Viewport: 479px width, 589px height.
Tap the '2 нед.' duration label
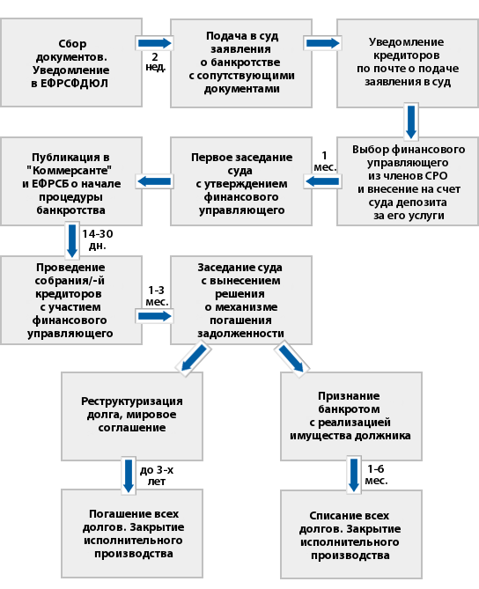coord(155,62)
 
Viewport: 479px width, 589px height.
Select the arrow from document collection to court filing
coord(154,43)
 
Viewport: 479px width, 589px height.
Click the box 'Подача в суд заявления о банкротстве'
coord(241,63)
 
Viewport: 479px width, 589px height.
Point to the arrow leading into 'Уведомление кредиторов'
coord(323,43)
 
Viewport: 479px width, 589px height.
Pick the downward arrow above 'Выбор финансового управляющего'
coord(411,121)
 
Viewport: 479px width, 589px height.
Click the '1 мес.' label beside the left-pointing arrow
coord(325,161)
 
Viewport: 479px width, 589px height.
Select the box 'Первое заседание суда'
coord(241,181)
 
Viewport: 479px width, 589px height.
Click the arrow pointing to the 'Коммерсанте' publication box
coord(154,182)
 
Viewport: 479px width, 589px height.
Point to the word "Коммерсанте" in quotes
coord(70,171)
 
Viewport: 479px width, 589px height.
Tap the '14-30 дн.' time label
coord(98,239)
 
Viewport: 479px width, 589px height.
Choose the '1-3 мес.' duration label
coord(157,296)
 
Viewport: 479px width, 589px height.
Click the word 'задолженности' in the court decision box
coord(240,334)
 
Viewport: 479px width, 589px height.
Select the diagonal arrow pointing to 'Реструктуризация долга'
coord(194,357)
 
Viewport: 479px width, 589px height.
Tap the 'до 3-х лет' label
coord(157,475)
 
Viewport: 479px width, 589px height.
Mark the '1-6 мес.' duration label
coord(376,475)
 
